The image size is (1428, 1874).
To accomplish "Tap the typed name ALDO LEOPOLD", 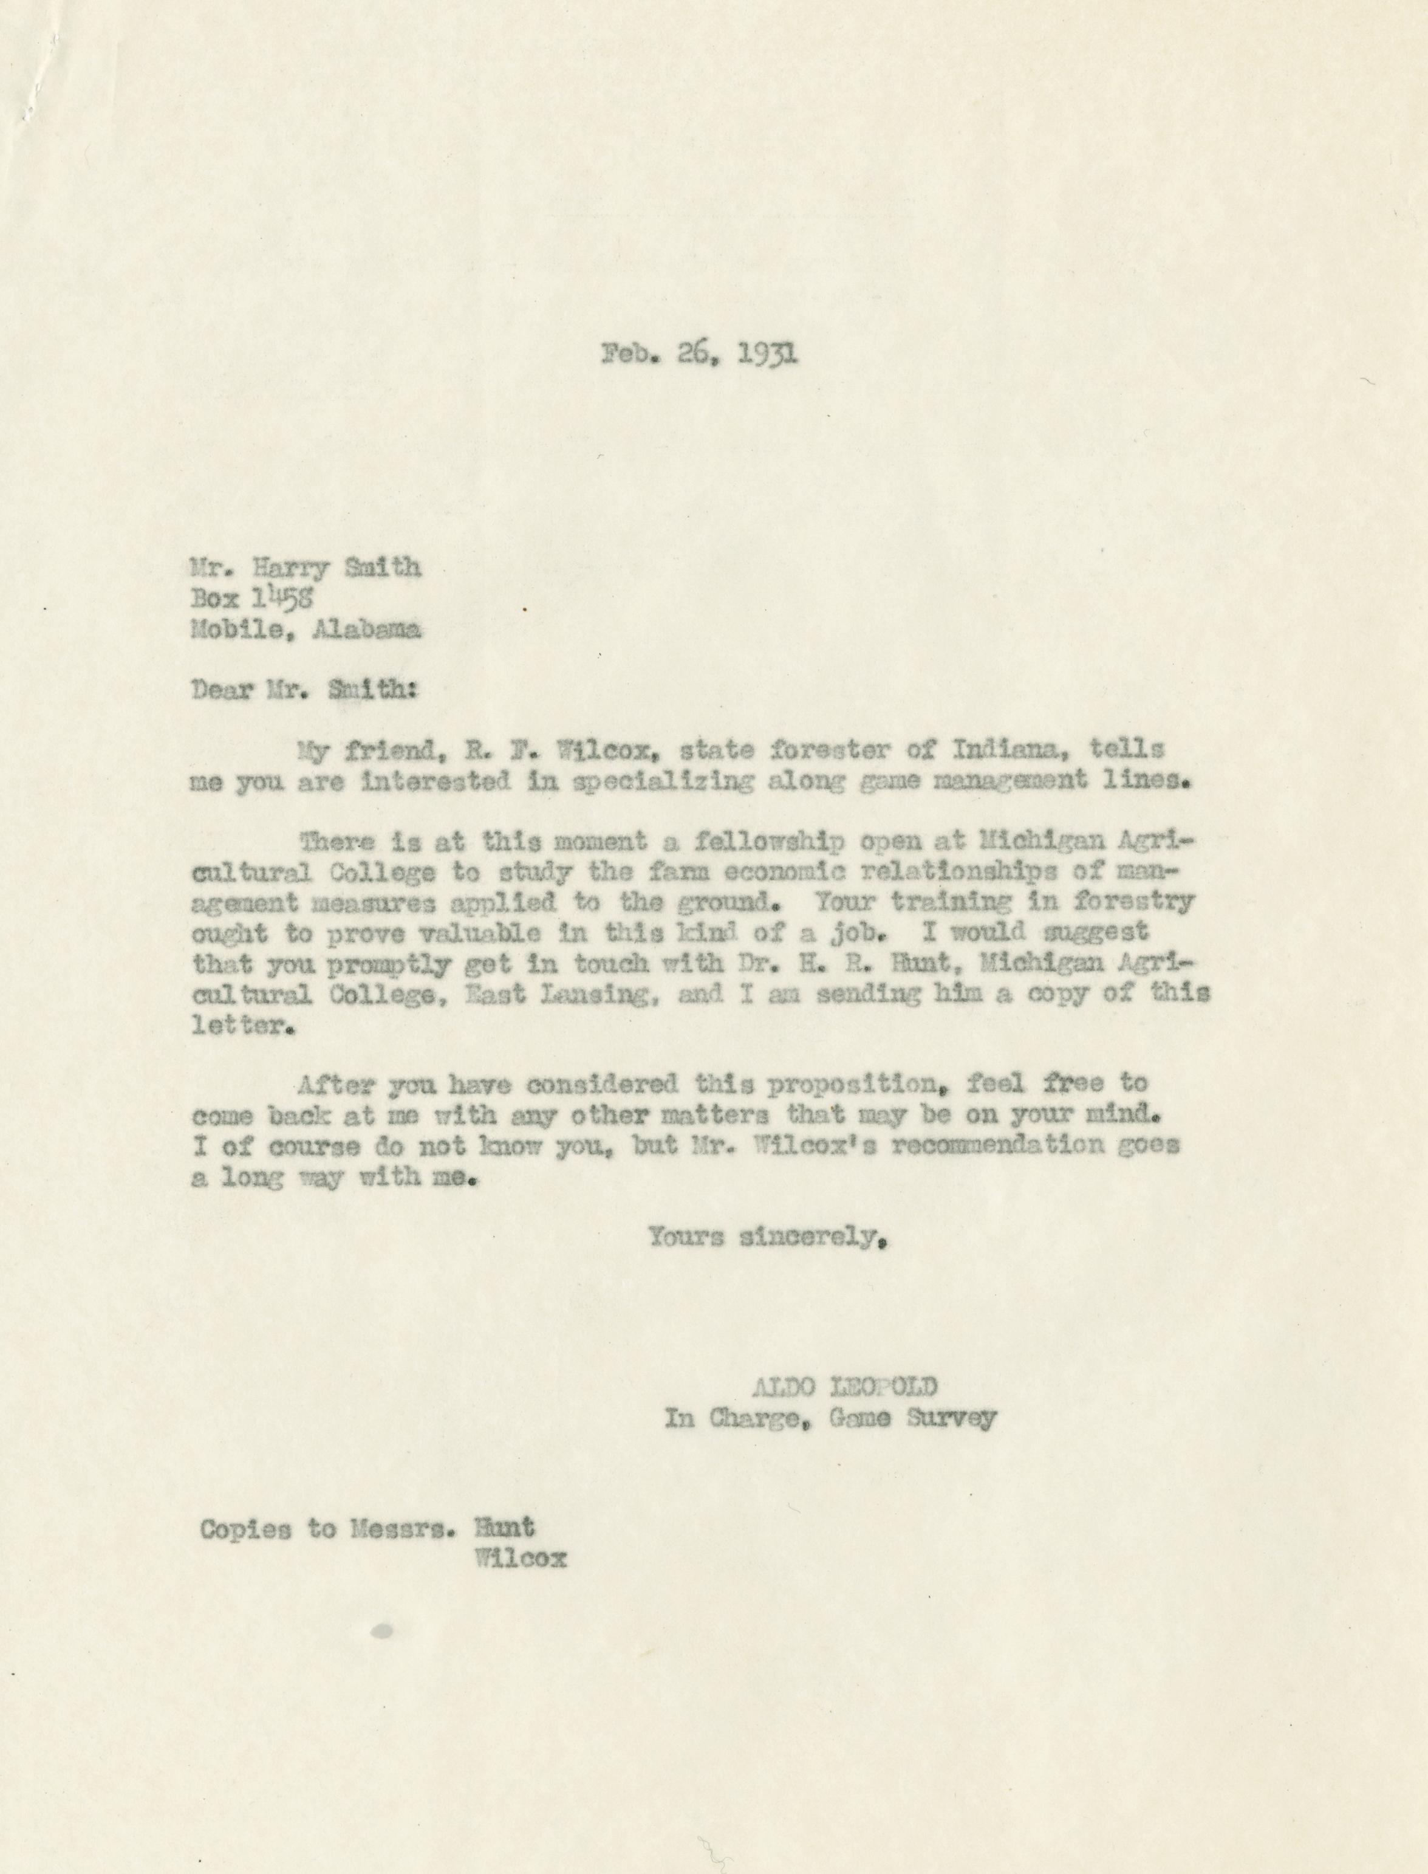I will (x=845, y=1388).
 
